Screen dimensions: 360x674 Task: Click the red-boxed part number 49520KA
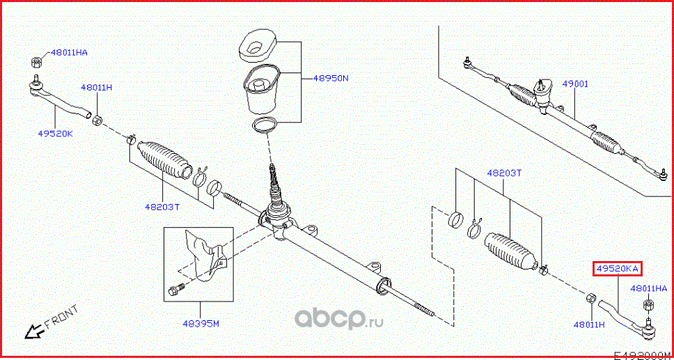[617, 268]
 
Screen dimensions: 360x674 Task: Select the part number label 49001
[575, 84]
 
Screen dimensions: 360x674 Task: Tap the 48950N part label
[330, 78]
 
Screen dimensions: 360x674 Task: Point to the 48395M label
[201, 323]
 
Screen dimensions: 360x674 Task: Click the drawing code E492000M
[642, 354]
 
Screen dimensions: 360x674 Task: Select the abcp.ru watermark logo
[340, 319]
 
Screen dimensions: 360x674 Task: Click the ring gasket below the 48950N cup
[263, 125]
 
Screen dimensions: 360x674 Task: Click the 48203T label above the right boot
[503, 173]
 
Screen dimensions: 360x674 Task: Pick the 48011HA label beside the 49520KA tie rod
[648, 288]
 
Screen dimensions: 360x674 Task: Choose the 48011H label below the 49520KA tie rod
[588, 324]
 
